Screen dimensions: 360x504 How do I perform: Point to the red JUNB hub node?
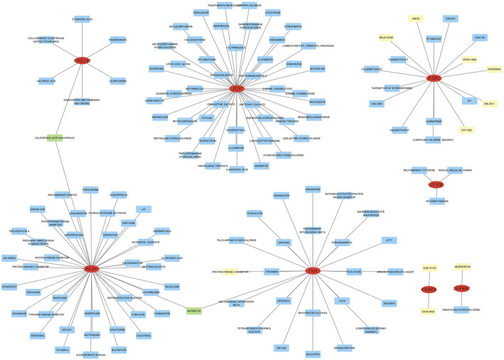[x=436, y=185]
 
